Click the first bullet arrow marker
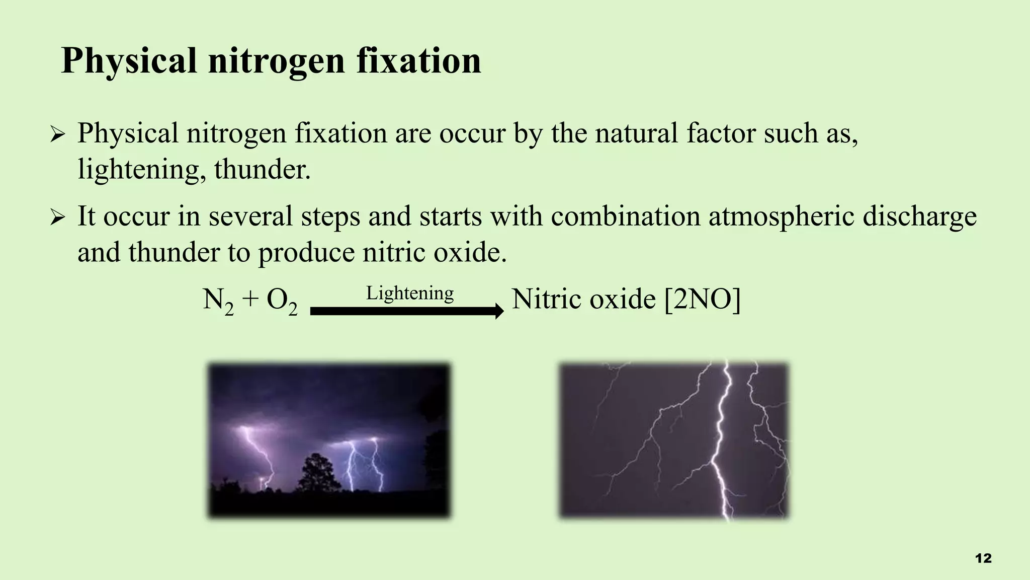pos(58,135)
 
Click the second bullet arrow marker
pos(58,218)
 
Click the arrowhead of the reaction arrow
pos(499,311)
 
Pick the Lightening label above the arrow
pos(409,293)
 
